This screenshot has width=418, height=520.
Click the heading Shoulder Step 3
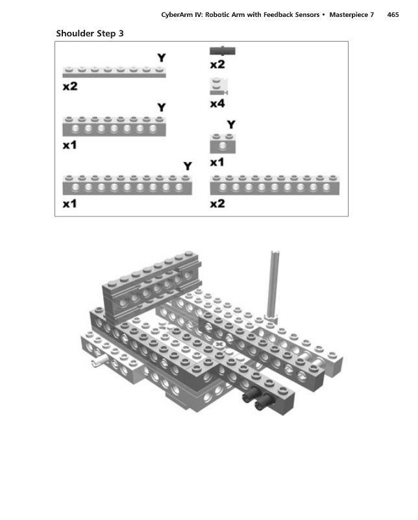90,33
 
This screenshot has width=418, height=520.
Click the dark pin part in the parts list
222,50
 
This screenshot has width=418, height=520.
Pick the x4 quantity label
217,103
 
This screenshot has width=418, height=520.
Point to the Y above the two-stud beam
230,125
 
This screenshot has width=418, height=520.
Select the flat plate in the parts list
114,71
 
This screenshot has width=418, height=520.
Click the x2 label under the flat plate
69,87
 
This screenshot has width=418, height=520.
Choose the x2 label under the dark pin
217,64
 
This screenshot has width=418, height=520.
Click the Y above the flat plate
161,58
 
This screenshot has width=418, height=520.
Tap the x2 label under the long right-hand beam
217,203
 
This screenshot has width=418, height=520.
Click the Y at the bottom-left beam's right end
188,166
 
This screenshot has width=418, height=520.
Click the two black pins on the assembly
255,399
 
